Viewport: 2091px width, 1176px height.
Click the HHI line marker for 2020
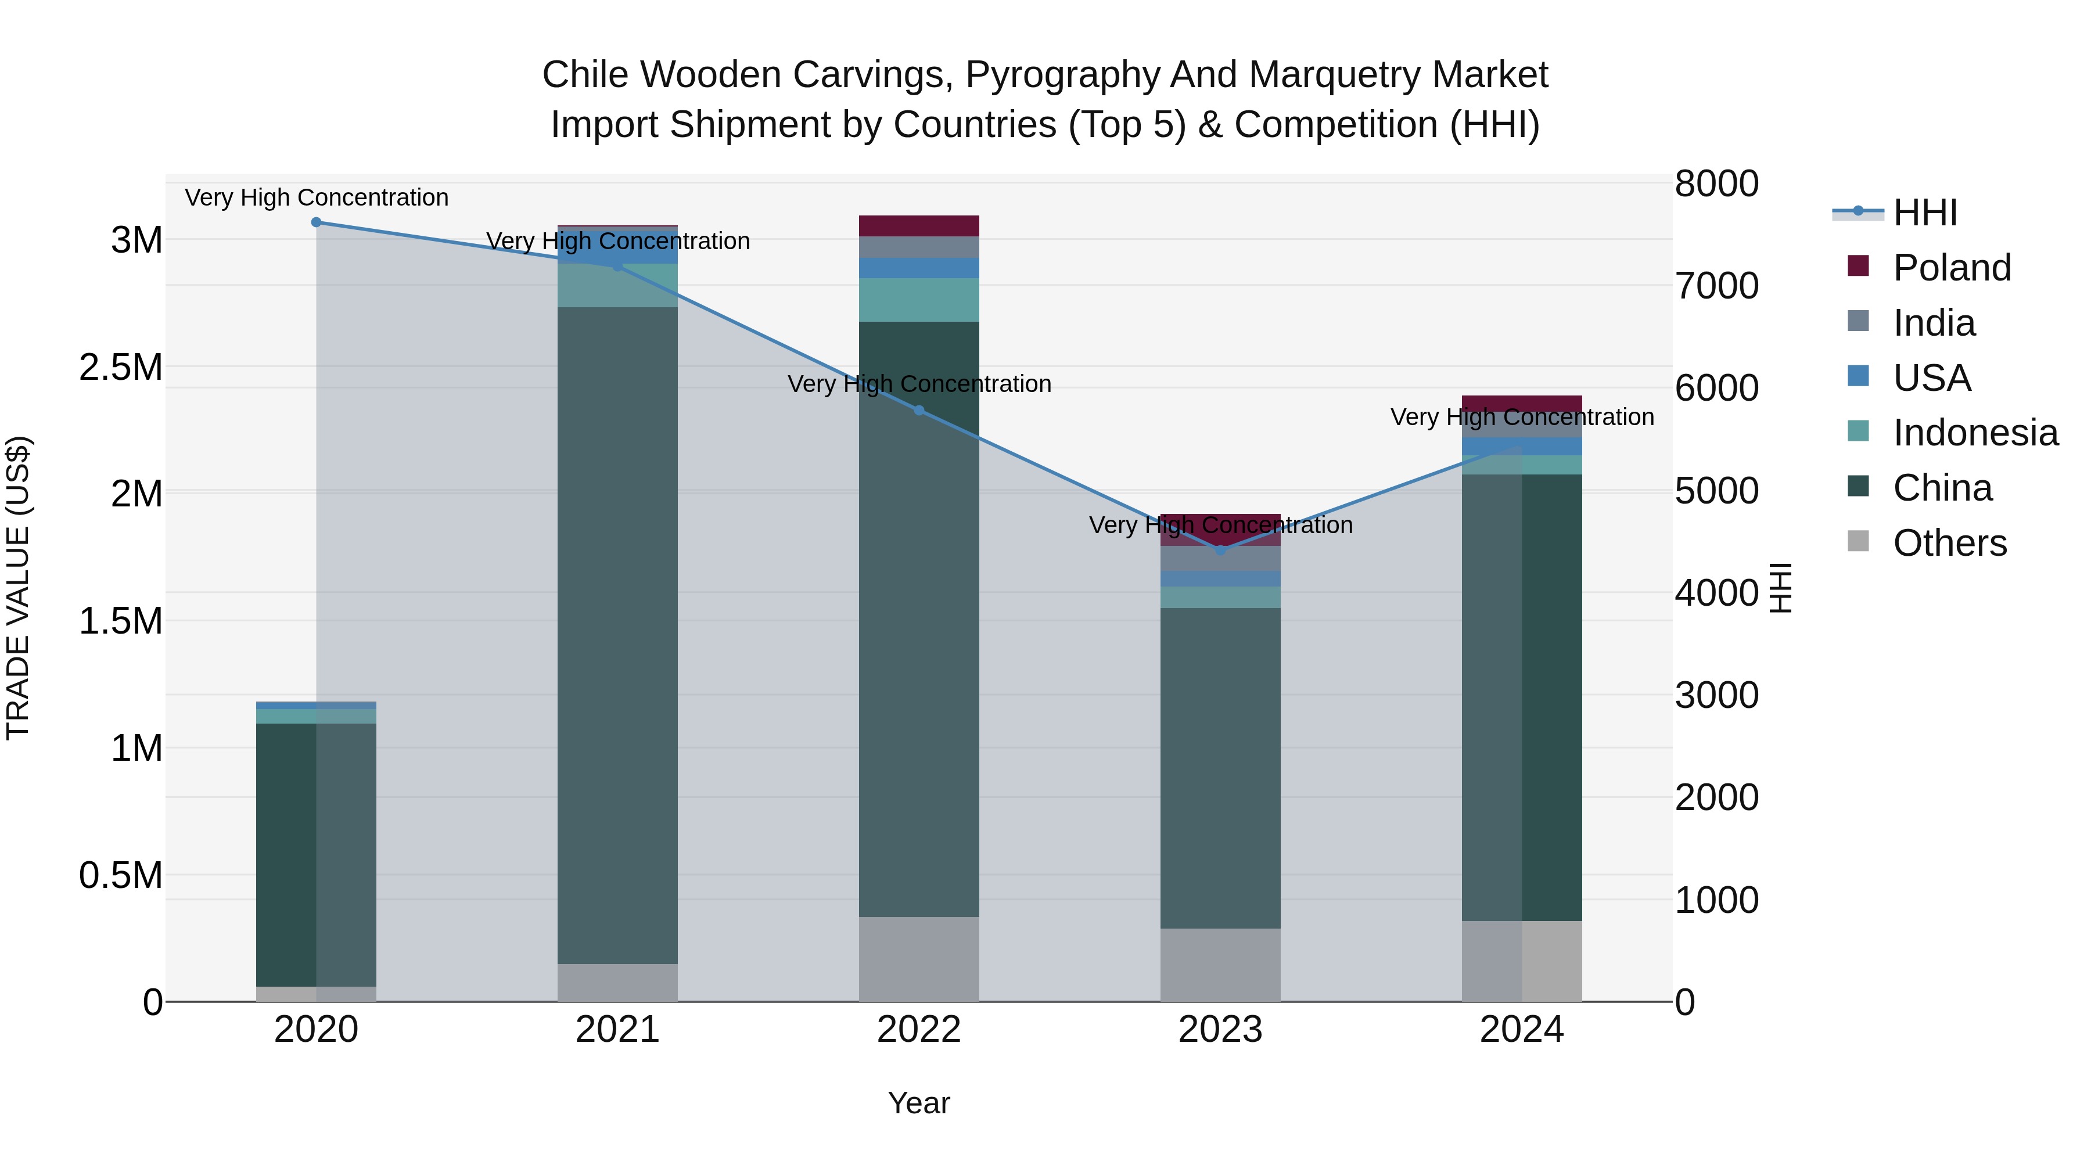coord(317,222)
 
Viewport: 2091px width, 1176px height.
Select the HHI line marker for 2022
coord(919,411)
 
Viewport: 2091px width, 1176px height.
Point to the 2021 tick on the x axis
coord(618,1030)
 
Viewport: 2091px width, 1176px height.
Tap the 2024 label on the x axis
coord(1522,1030)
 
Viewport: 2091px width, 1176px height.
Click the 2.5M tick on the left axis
coord(121,368)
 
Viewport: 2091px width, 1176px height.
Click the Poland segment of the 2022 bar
coord(919,226)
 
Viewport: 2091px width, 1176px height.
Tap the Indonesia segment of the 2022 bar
coord(919,300)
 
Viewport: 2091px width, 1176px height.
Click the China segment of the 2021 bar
coord(618,635)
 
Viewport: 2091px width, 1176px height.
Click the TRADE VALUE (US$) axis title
coord(18,588)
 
